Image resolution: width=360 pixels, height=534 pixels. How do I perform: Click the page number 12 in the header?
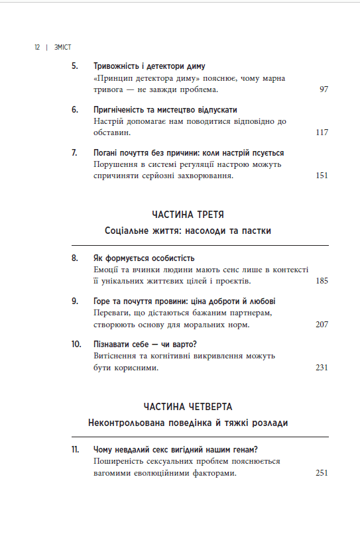click(37, 48)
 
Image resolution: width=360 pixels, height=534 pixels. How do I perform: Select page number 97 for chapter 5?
click(324, 89)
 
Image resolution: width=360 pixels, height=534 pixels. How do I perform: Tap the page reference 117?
click(322, 133)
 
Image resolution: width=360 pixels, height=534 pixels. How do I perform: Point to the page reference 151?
click(322, 176)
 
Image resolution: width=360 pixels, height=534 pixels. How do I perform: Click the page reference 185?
click(322, 281)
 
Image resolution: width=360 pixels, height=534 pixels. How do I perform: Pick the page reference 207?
click(322, 324)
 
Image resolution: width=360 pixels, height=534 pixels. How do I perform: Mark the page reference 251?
click(322, 473)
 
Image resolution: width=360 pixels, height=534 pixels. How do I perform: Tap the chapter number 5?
click(75, 66)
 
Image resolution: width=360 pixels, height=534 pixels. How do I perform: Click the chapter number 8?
click(75, 258)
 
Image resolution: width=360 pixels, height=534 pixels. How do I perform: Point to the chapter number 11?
click(75, 450)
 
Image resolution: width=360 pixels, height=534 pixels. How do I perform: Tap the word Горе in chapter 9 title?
click(105, 301)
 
